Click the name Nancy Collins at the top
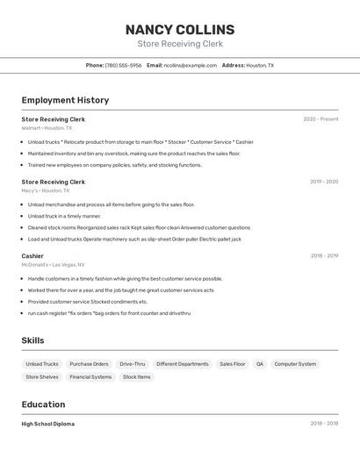tap(180, 30)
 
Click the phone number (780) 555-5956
tap(123, 65)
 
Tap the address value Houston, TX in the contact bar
tap(260, 65)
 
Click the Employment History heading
tap(65, 100)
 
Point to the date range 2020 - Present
tap(320, 119)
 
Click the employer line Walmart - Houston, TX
tap(47, 128)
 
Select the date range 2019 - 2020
tap(324, 182)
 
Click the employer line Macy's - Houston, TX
tap(45, 190)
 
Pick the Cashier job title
tap(32, 256)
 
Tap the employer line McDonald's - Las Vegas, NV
tap(54, 265)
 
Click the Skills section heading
tap(32, 340)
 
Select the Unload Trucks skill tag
tap(42, 364)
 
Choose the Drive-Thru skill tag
tap(133, 364)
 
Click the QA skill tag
tap(260, 364)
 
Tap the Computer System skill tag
tap(295, 364)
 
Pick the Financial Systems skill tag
tap(90, 377)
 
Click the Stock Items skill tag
tap(137, 377)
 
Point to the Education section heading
tap(43, 404)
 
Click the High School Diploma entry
tap(48, 424)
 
